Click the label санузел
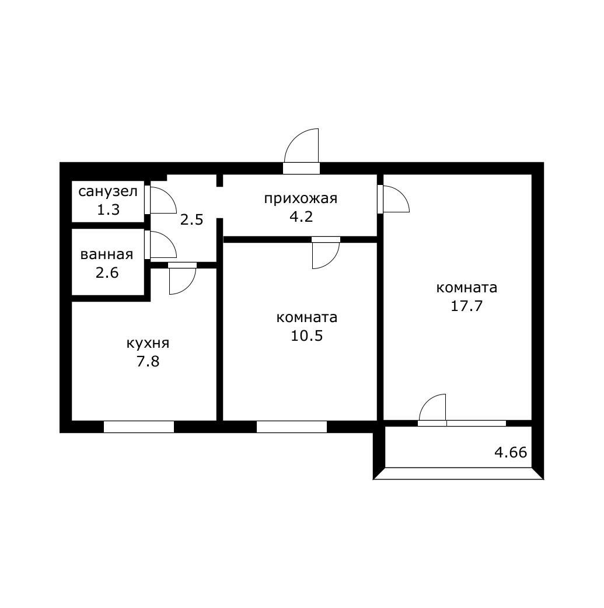[x=108, y=192]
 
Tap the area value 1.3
[x=108, y=209]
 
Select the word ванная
[x=107, y=254]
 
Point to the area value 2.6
[x=107, y=272]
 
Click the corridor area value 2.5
[x=191, y=220]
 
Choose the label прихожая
[x=301, y=198]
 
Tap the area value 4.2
[x=301, y=216]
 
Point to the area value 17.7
[x=467, y=306]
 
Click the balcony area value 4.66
[x=511, y=452]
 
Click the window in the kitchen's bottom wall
[x=139, y=427]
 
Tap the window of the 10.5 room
[x=292, y=427]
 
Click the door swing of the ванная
[x=162, y=245]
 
